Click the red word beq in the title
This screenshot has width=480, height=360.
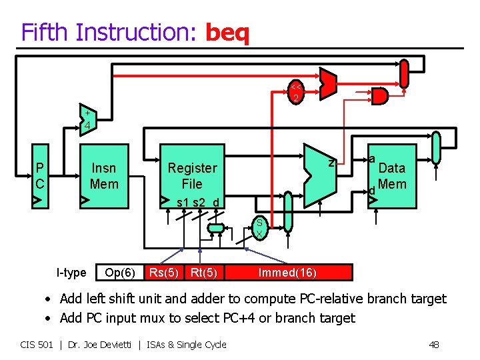click(x=227, y=32)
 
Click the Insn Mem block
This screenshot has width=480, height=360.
click(x=104, y=176)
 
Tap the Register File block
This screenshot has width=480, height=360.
click(x=192, y=176)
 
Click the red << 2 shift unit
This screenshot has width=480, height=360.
click(x=295, y=93)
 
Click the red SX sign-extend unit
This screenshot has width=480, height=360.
click(x=259, y=229)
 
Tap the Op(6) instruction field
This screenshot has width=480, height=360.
click(x=120, y=272)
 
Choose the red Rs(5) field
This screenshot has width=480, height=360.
click(x=163, y=272)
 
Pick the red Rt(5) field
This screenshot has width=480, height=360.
click(x=203, y=272)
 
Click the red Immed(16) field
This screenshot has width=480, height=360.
click(x=287, y=272)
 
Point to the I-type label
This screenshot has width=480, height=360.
click(x=71, y=272)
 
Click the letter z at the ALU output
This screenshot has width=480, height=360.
click(x=331, y=162)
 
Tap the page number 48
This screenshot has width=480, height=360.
click(x=434, y=344)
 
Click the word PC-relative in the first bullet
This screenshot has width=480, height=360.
click(x=330, y=299)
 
